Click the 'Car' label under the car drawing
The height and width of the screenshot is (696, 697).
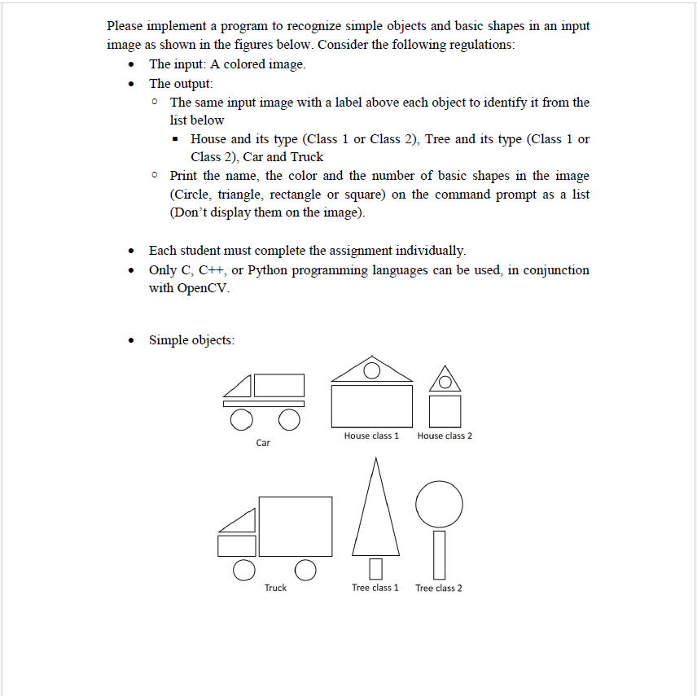[263, 443]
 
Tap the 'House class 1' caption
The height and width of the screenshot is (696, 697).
[371, 436]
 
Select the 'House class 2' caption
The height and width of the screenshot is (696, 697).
[445, 436]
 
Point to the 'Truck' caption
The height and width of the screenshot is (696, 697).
[275, 588]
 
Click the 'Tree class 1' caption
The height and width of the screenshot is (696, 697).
[375, 588]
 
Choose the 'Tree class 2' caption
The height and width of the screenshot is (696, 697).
[439, 588]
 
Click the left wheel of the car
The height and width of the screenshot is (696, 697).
[240, 419]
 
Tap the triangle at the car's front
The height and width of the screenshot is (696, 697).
[242, 386]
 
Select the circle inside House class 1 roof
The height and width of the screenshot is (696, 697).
[371, 371]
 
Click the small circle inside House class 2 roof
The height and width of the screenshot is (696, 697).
[445, 381]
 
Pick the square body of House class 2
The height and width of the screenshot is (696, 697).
[445, 410]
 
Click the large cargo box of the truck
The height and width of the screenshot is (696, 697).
[296, 526]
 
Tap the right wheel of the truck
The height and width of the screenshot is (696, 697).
[305, 570]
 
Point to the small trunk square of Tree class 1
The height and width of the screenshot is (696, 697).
[375, 567]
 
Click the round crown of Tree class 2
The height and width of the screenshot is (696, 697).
[439, 504]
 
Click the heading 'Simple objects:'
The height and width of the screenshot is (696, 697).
[191, 340]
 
